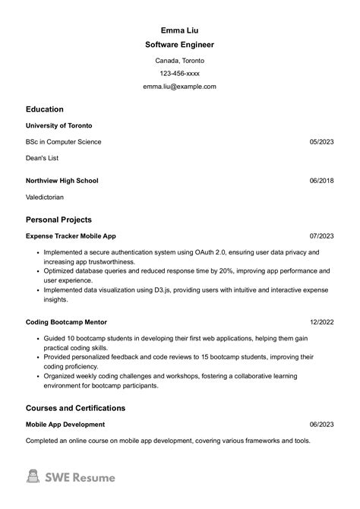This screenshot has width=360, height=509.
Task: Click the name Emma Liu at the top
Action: point(179,30)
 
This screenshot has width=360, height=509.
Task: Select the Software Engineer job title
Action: point(179,46)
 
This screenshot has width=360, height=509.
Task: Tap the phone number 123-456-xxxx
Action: point(179,74)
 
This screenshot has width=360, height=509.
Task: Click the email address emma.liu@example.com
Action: point(179,87)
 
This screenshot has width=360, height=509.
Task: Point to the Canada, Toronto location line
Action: point(179,60)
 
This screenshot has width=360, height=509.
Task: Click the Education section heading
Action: point(45,109)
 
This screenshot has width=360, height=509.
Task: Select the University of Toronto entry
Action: point(59,125)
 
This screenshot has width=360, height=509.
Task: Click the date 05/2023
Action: point(322,142)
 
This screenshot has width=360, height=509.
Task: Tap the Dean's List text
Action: point(42,158)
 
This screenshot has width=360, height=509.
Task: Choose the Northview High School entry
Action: point(62,181)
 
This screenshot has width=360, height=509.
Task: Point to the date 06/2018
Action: point(322,181)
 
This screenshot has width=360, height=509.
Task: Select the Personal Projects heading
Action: point(58,220)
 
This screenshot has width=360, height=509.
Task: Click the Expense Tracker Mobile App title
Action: point(71,236)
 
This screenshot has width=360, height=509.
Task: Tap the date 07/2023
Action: point(322,236)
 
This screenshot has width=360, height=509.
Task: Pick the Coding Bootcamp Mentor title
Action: point(67,322)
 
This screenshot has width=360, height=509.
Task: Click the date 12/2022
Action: point(322,322)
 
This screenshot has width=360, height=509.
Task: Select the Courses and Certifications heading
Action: point(75,408)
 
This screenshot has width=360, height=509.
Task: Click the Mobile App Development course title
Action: point(65,425)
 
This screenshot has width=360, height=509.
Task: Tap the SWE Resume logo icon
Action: point(33,477)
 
